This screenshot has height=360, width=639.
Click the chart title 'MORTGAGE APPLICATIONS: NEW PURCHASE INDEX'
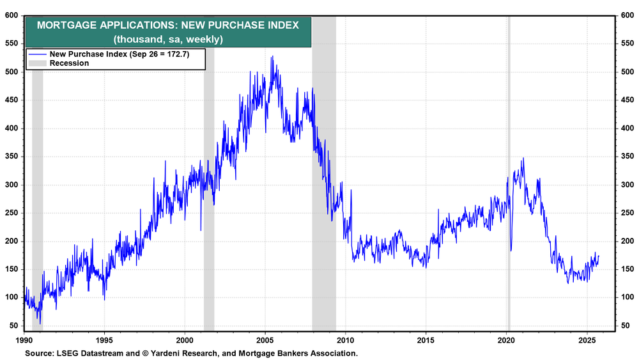click(167, 26)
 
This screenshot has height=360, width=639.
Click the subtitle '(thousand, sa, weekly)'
click(167, 39)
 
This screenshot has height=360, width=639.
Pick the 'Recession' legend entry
click(68, 63)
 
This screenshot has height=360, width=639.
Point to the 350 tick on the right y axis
click(627, 157)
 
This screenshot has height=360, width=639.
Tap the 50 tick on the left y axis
click(13, 326)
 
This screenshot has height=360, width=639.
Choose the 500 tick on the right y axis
click(627, 72)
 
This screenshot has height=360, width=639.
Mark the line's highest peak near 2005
click(272, 56)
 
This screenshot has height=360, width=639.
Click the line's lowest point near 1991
click(40, 324)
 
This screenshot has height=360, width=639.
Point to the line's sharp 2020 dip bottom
click(511, 251)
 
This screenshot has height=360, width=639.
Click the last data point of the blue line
click(599, 256)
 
